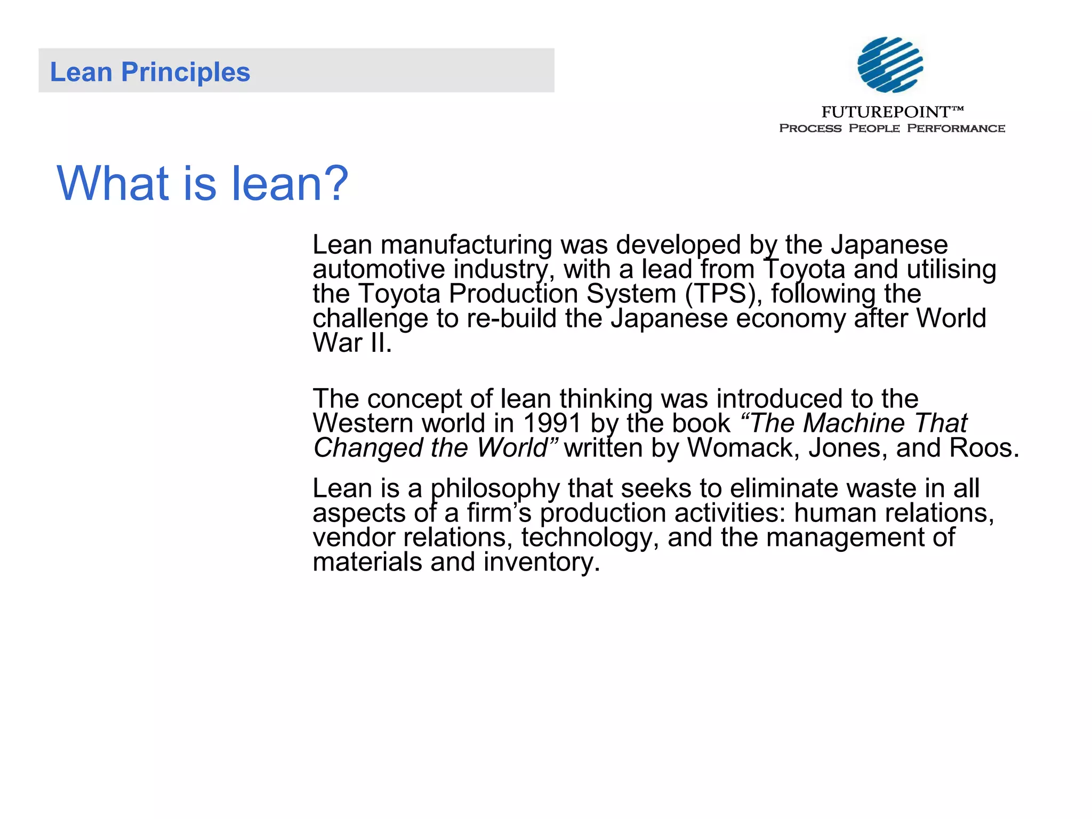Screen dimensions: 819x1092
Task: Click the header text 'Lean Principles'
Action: coord(150,72)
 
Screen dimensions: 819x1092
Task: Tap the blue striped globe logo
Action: coord(890,65)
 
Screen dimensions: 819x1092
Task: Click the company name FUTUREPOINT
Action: coord(886,112)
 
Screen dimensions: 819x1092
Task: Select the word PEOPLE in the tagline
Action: coord(874,129)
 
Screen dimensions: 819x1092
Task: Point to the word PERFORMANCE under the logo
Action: coord(956,129)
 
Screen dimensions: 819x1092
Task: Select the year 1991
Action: coord(551,423)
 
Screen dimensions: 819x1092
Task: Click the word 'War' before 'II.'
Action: coord(338,343)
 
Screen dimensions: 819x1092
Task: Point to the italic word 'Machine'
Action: coord(854,423)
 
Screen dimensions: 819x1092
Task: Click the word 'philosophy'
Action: coord(495,489)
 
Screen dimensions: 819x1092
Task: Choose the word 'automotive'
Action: coord(378,269)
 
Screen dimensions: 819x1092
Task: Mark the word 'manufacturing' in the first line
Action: coord(466,245)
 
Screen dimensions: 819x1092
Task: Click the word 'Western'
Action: coord(363,423)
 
